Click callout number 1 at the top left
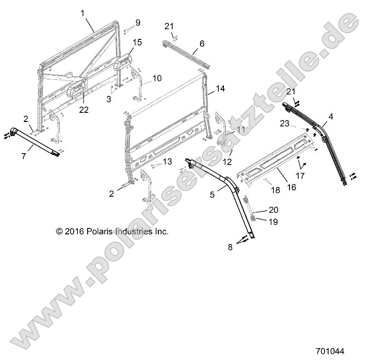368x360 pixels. click(x=83, y=13)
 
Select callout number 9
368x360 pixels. click(x=138, y=22)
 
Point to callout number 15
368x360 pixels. click(x=137, y=43)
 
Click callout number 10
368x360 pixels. click(x=157, y=78)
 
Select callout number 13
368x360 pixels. click(x=167, y=161)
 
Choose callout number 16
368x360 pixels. click(x=291, y=187)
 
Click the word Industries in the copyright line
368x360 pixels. click(x=134, y=232)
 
